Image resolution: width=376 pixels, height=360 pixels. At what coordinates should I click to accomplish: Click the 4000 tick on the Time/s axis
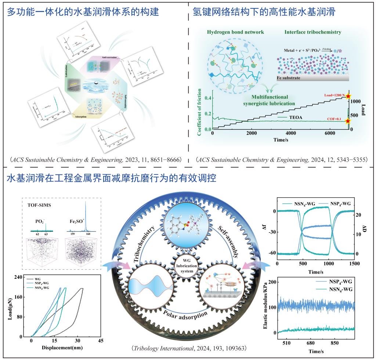pos(290,133)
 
